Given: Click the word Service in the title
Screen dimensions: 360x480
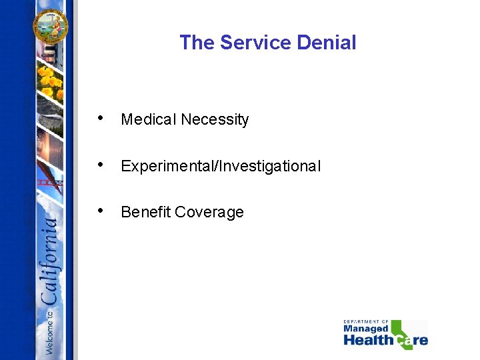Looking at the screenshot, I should coord(256,43).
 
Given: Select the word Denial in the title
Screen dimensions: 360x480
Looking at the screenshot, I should coord(327,43).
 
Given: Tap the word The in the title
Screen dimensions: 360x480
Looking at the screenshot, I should coord(197,43).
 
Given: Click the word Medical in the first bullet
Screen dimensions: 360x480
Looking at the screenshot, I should coord(149,120).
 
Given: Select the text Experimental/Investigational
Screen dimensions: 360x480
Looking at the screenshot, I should coord(221,166).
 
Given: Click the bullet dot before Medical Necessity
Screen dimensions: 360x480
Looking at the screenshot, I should coord(100,119).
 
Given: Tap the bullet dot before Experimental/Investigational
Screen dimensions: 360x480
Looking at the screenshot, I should coord(100,165).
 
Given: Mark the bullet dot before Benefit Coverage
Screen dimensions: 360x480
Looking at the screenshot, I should coord(100,211).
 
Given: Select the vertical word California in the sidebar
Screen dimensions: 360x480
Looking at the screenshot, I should coord(51,260).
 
